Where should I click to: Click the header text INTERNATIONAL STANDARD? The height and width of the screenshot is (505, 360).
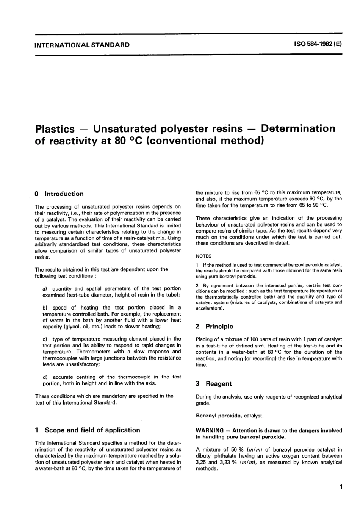[82, 45]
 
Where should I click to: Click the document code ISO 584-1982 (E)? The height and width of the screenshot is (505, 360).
[318, 44]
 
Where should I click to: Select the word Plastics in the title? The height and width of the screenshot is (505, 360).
[55, 129]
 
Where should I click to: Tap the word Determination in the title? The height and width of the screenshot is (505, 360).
[298, 128]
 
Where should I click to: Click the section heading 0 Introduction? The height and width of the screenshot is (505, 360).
[59, 194]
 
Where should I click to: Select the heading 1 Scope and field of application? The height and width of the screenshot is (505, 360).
[87, 430]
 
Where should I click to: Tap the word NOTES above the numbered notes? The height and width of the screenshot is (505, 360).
[203, 256]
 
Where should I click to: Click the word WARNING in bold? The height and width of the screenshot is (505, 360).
[210, 430]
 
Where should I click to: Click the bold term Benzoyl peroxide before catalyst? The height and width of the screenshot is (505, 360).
[219, 416]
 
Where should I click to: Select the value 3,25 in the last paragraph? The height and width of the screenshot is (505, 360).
[202, 462]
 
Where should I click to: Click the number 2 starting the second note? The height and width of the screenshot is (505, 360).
[197, 285]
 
